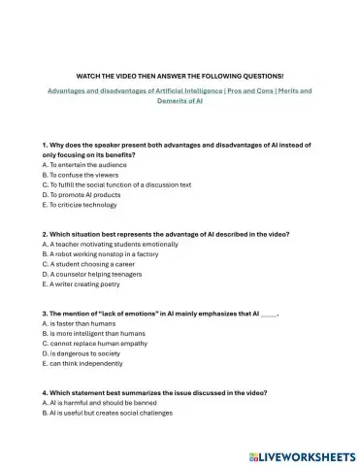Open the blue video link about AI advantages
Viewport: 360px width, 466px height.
point(180,95)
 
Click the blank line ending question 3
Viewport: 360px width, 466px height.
point(269,315)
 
